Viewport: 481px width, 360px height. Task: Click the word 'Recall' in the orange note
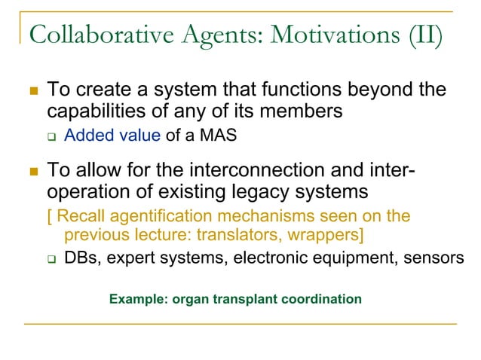[x=78, y=217]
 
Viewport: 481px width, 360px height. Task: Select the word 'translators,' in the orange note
[x=253, y=235]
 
